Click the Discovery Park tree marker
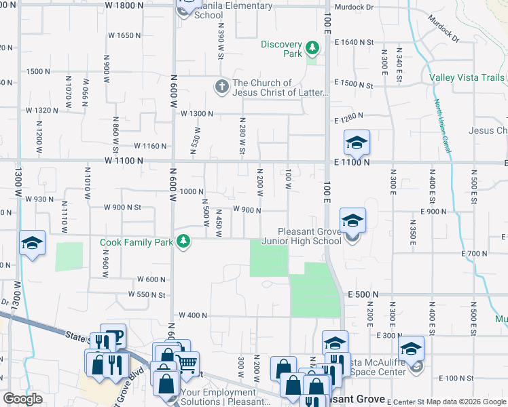click(312, 47)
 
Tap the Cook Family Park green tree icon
click(183, 241)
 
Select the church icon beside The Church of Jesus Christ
click(221, 87)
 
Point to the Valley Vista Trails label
click(467, 77)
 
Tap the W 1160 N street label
click(150, 146)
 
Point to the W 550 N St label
click(147, 295)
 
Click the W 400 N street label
click(193, 316)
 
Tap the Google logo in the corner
click(22, 399)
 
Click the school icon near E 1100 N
click(357, 143)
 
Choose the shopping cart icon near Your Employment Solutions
click(187, 361)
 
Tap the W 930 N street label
click(39, 199)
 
